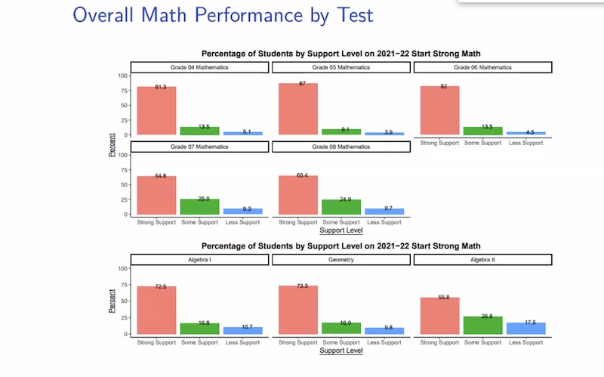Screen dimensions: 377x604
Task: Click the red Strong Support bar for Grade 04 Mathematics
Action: click(x=156, y=111)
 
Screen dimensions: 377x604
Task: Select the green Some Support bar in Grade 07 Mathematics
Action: click(x=200, y=206)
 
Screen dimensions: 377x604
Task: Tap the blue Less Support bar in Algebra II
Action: click(x=525, y=328)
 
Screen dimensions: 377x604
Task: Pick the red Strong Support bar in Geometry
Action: click(x=298, y=310)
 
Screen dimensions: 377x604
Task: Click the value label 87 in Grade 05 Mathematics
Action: click(x=302, y=84)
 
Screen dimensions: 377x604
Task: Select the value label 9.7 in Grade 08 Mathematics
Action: click(x=385, y=209)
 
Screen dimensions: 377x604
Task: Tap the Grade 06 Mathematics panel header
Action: click(x=482, y=68)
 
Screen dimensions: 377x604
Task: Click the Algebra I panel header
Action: click(x=199, y=259)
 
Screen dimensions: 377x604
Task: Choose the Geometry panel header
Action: click(x=341, y=259)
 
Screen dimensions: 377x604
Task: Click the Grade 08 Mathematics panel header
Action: click(x=341, y=147)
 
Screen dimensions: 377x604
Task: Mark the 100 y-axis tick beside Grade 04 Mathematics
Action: click(x=122, y=76)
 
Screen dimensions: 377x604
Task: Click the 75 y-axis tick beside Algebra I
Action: click(x=124, y=285)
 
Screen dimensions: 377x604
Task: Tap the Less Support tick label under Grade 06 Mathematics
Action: click(x=525, y=143)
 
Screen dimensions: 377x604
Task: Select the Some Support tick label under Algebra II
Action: click(x=482, y=342)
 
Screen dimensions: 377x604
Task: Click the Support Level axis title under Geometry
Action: click(x=341, y=351)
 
